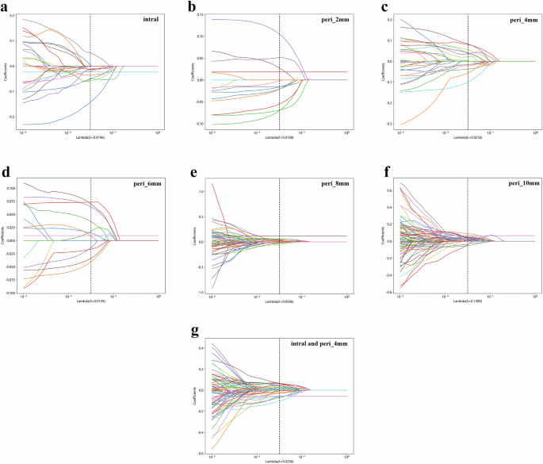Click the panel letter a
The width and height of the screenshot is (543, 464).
[x=6, y=6]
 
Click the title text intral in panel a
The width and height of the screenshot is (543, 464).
[x=147, y=17]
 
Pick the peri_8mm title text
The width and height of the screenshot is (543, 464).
[x=331, y=183]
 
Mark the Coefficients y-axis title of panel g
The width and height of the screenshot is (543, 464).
[x=195, y=390]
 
